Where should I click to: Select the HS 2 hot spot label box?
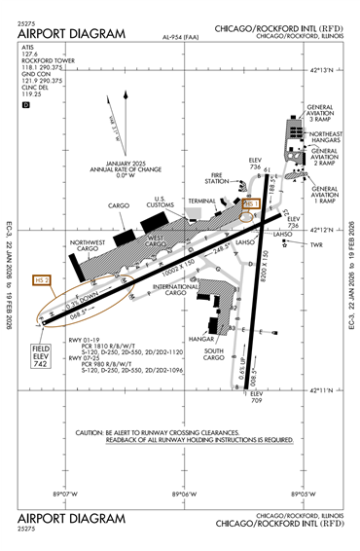pyautogui.click(x=41, y=280)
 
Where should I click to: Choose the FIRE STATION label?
pyautogui.click(x=217, y=178)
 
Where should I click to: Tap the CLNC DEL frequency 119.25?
pyautogui.click(x=33, y=95)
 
